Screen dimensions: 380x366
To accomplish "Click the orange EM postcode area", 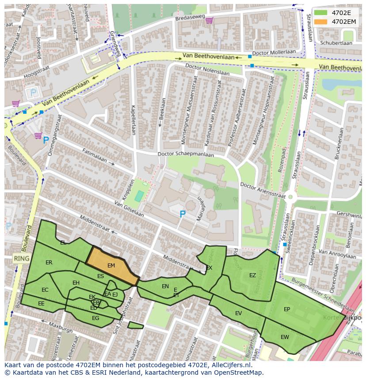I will click(x=112, y=266).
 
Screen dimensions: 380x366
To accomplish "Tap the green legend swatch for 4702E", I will click(x=321, y=13).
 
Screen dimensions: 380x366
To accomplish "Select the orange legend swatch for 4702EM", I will click(x=321, y=22).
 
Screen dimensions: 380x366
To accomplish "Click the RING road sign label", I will click(x=21, y=259).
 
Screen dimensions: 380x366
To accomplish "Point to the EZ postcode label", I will click(x=252, y=275).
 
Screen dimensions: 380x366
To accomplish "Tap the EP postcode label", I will click(x=287, y=309).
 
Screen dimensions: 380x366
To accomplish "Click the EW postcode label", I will click(x=285, y=337).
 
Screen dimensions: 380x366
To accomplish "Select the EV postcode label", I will click(x=238, y=313).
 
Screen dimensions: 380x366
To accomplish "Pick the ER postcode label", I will click(x=49, y=263).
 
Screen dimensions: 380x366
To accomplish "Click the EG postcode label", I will click(x=95, y=318).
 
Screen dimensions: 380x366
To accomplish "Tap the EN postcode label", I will click(x=165, y=286).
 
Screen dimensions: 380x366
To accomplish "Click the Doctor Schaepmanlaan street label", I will click(x=186, y=154).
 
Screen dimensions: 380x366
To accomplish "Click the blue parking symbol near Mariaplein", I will click(x=182, y=214).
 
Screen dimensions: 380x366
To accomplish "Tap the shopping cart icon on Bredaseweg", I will click(x=209, y=20).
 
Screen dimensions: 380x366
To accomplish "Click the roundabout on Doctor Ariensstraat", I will click(x=290, y=197).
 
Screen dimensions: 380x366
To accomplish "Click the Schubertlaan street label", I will click(x=336, y=43).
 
